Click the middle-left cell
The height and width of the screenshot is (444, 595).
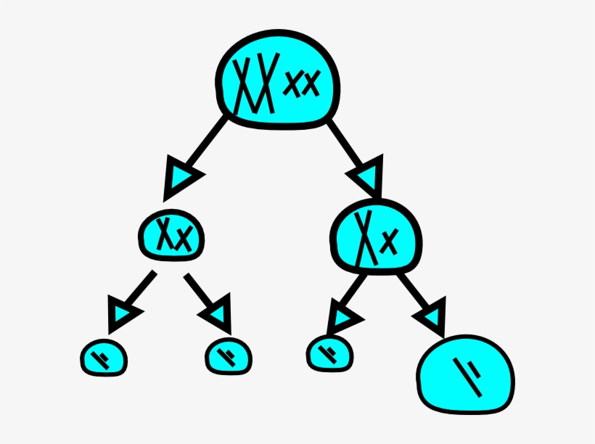click(171, 234)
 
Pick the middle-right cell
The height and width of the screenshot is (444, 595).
click(375, 235)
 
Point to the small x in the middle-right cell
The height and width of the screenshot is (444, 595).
click(390, 239)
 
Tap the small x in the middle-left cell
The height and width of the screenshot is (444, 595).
click(184, 237)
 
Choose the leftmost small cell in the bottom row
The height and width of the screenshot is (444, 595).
click(103, 357)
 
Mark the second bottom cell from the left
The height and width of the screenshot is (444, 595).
click(229, 355)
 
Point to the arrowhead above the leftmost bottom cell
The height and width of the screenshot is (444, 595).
click(123, 313)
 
